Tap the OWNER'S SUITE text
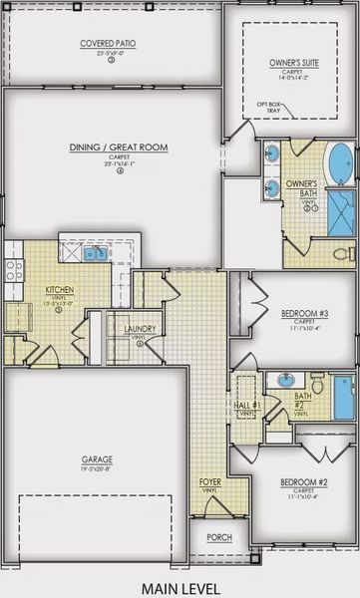click(x=291, y=62)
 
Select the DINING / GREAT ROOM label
click(x=118, y=148)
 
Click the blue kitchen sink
click(x=94, y=255)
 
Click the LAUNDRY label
click(x=138, y=329)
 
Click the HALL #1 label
click(x=248, y=406)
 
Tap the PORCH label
click(x=219, y=537)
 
